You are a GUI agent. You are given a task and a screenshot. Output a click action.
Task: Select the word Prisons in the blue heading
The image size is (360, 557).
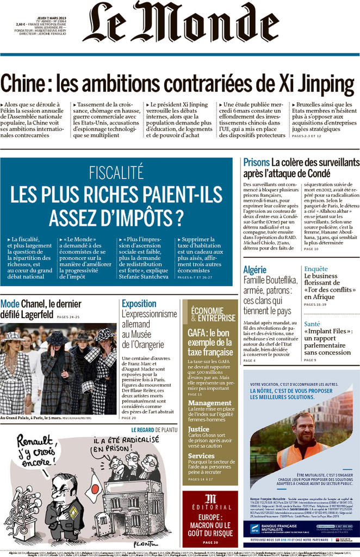[x=256, y=162]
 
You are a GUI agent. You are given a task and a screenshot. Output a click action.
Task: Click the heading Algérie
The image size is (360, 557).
[x=255, y=270]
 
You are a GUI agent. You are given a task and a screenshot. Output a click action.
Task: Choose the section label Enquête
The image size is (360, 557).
[x=316, y=269]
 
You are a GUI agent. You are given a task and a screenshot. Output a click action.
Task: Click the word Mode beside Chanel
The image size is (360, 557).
[x=10, y=304]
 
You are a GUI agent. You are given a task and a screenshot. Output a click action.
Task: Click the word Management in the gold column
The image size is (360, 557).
[x=209, y=403]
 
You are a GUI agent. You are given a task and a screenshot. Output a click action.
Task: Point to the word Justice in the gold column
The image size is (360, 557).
[x=198, y=429]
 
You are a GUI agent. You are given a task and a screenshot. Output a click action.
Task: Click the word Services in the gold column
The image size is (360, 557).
[x=201, y=455]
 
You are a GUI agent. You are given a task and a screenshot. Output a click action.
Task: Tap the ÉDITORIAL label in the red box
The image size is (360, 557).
[x=210, y=507]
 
